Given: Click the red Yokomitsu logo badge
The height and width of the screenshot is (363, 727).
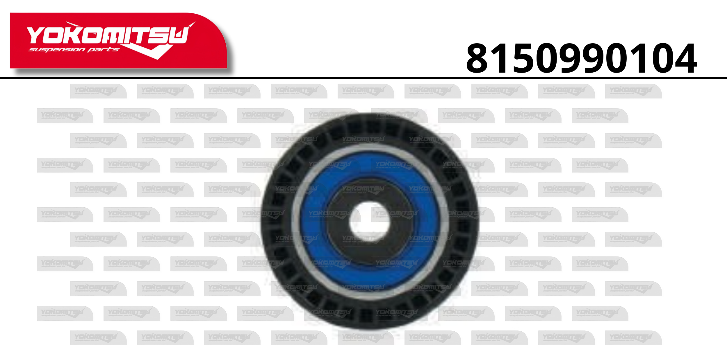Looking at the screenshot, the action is point(118,41).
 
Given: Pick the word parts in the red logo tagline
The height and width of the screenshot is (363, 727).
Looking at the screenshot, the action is point(104,50).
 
